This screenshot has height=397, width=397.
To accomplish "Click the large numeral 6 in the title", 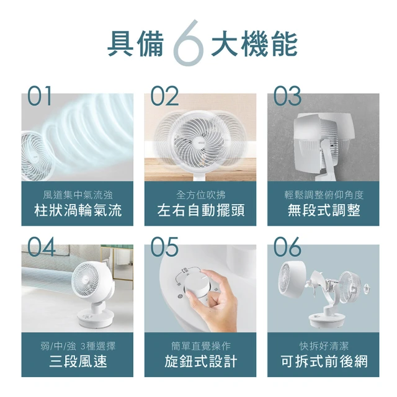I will (x=190, y=44).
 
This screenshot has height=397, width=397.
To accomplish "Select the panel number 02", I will (x=164, y=97).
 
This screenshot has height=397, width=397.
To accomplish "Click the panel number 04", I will (x=41, y=247).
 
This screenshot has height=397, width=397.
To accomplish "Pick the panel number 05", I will (x=164, y=247).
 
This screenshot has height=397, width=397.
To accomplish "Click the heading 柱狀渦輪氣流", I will (x=78, y=211).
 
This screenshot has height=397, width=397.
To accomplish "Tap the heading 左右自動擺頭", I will (x=200, y=211).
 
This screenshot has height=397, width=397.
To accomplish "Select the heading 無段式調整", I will (x=324, y=211).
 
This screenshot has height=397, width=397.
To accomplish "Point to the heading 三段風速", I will (x=78, y=362).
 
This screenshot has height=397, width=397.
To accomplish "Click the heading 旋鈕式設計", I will (x=200, y=362).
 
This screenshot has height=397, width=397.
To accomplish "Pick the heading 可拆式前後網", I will (x=324, y=362).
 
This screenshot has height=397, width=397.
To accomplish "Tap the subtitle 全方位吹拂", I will (x=200, y=195).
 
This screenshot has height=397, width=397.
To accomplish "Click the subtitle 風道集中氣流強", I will (x=78, y=195).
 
